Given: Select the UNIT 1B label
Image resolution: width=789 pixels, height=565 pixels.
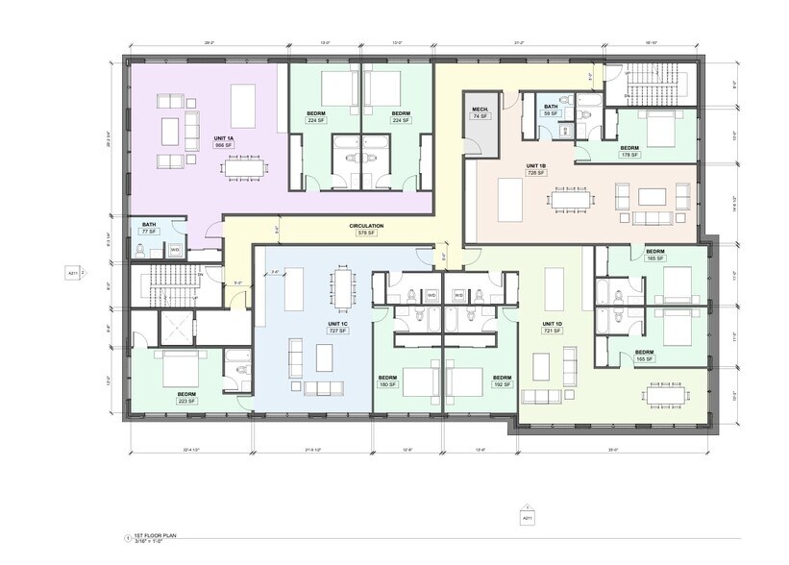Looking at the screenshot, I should (x=535, y=166).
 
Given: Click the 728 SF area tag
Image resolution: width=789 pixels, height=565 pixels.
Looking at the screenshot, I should (x=535, y=174).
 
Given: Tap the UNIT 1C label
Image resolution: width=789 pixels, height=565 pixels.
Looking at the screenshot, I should (x=336, y=323).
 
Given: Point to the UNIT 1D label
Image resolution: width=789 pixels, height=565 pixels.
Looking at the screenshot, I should (x=551, y=323).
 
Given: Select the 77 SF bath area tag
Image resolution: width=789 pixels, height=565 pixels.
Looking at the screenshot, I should (x=149, y=232).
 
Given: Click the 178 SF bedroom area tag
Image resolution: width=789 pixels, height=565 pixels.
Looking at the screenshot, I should (x=629, y=155).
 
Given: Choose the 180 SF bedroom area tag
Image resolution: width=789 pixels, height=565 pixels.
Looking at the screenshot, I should (x=387, y=384).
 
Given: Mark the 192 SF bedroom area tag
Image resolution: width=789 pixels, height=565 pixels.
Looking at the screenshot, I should (x=501, y=384).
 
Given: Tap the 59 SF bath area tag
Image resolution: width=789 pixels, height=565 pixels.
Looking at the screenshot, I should (x=551, y=114).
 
